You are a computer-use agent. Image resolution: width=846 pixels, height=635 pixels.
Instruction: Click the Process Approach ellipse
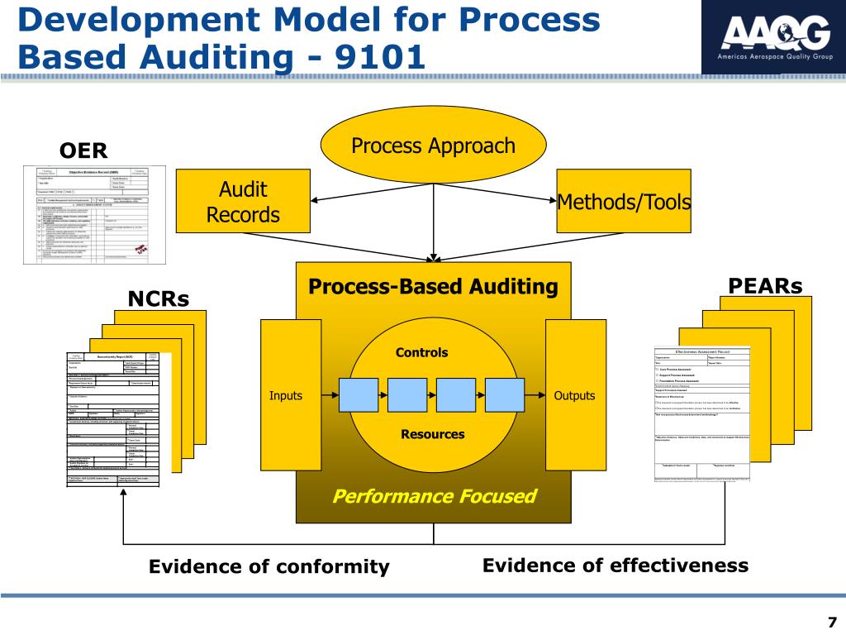point(433,146)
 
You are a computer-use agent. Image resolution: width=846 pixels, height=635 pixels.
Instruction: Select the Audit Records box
point(244,203)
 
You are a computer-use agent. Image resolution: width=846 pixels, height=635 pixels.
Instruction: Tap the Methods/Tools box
point(624,202)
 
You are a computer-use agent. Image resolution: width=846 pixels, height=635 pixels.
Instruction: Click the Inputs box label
point(286,396)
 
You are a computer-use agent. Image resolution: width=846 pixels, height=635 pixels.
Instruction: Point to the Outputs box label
point(574,396)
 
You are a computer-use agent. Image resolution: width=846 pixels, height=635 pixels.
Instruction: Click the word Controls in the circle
point(421,352)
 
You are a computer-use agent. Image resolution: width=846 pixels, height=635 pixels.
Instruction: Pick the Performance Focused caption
point(434,496)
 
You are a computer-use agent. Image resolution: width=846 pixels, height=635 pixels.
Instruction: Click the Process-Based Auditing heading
point(433,287)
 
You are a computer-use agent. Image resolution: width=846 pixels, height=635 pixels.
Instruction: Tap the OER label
point(83,150)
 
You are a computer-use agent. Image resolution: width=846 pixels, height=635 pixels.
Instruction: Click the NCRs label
point(158,298)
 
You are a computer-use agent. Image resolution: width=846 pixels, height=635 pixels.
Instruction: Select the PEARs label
point(766,286)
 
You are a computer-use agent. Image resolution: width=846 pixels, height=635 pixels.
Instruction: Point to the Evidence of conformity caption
point(269,567)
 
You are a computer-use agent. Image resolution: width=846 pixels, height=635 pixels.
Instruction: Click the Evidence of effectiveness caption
point(615,566)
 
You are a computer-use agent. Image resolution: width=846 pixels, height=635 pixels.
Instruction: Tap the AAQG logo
point(773,36)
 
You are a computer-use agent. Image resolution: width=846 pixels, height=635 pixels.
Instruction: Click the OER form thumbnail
point(94,213)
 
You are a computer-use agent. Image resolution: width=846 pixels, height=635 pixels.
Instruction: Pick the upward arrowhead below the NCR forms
point(123,494)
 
